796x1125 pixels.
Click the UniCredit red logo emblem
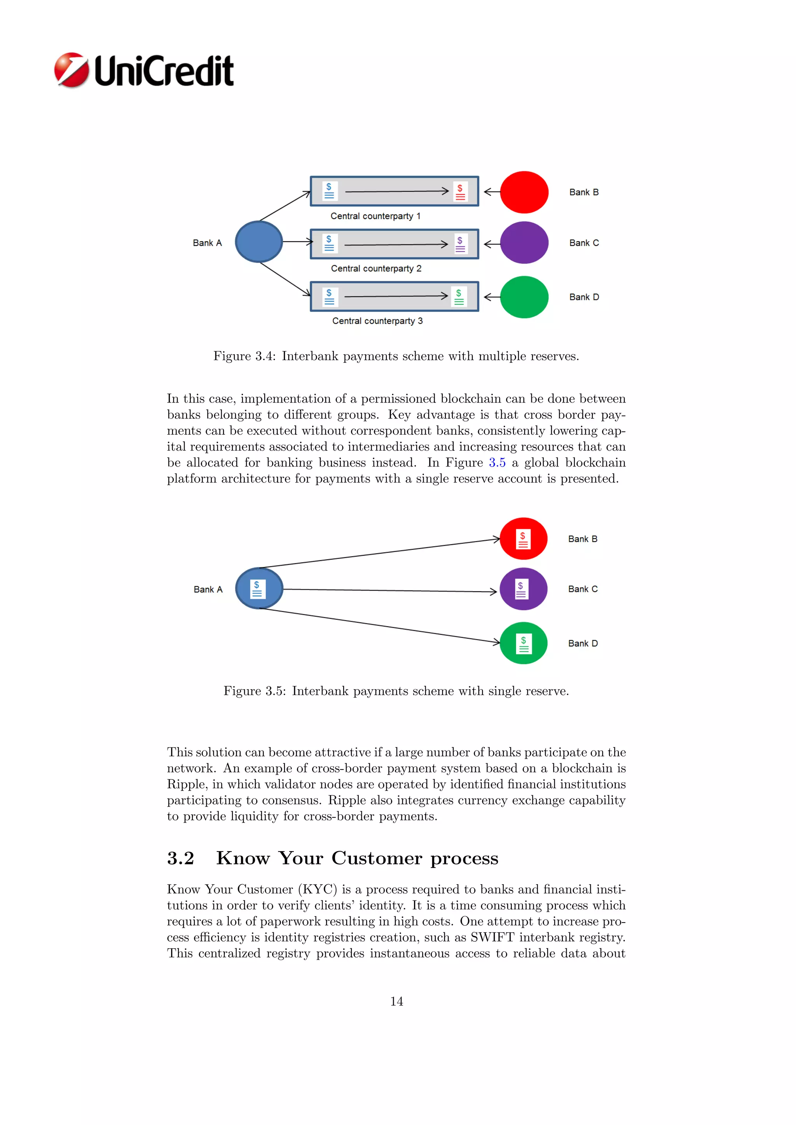pyautogui.click(x=72, y=70)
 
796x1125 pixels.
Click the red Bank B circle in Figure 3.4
pyautogui.click(x=524, y=192)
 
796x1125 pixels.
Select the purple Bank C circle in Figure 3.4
pyautogui.click(x=524, y=242)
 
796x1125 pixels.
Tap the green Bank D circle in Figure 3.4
pyautogui.click(x=524, y=297)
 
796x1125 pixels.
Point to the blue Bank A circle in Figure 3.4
pyautogui.click(x=259, y=242)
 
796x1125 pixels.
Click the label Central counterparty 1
pyautogui.click(x=375, y=216)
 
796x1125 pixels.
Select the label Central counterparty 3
pyautogui.click(x=377, y=321)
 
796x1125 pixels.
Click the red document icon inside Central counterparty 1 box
pyautogui.click(x=460, y=192)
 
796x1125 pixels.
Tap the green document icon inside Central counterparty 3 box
pyautogui.click(x=459, y=297)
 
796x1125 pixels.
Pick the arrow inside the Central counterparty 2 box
pyautogui.click(x=396, y=244)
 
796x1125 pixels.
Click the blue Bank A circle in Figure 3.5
pyautogui.click(x=259, y=589)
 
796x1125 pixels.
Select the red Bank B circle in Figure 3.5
pyautogui.click(x=524, y=538)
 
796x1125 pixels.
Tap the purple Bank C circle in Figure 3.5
pyautogui.click(x=524, y=589)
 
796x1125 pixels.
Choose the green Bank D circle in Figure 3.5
pyautogui.click(x=524, y=643)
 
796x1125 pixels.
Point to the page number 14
pyautogui.click(x=396, y=1001)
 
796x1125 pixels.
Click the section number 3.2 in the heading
pyautogui.click(x=180, y=858)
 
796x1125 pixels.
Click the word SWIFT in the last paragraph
pyautogui.click(x=492, y=937)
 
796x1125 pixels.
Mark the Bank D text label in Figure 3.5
pyautogui.click(x=583, y=643)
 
